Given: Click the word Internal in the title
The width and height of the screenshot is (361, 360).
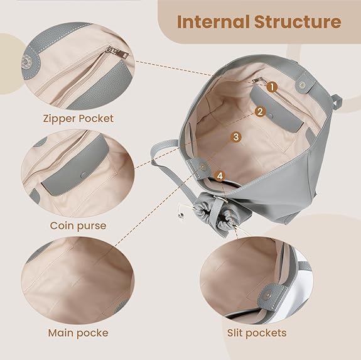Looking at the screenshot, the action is pos(213,21).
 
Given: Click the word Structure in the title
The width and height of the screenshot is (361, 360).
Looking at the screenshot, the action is pos(298,21).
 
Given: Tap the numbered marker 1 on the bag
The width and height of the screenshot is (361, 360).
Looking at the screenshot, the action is pos(272,87).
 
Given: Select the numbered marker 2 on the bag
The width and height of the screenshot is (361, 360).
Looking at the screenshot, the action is pos(260,112).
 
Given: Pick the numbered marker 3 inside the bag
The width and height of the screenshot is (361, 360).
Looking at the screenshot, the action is pos(236,137).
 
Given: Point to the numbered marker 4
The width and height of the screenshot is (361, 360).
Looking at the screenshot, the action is pos(220,176).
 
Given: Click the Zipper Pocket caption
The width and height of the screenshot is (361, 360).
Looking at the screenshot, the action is pos(78,119).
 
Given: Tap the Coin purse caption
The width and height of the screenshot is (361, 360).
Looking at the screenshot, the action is pos(78,226).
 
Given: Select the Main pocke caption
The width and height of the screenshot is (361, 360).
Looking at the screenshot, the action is pos(78,333).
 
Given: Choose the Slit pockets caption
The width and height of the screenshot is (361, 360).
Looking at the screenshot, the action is pos(257,333).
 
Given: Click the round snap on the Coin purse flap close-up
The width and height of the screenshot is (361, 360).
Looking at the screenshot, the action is pos(84,175).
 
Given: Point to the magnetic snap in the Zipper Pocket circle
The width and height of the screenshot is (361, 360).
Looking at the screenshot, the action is pos(25,62).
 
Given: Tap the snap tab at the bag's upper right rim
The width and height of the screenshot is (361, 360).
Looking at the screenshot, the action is pos(305,84).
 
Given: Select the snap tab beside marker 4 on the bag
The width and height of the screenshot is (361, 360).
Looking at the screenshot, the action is pos(200,168).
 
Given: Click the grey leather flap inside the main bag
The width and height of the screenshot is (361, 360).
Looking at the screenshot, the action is pos(276,109).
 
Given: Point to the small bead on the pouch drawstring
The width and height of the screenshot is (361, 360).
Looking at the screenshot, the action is pos(181,215).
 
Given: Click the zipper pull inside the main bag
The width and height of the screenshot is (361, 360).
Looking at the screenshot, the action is pos(257,80).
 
